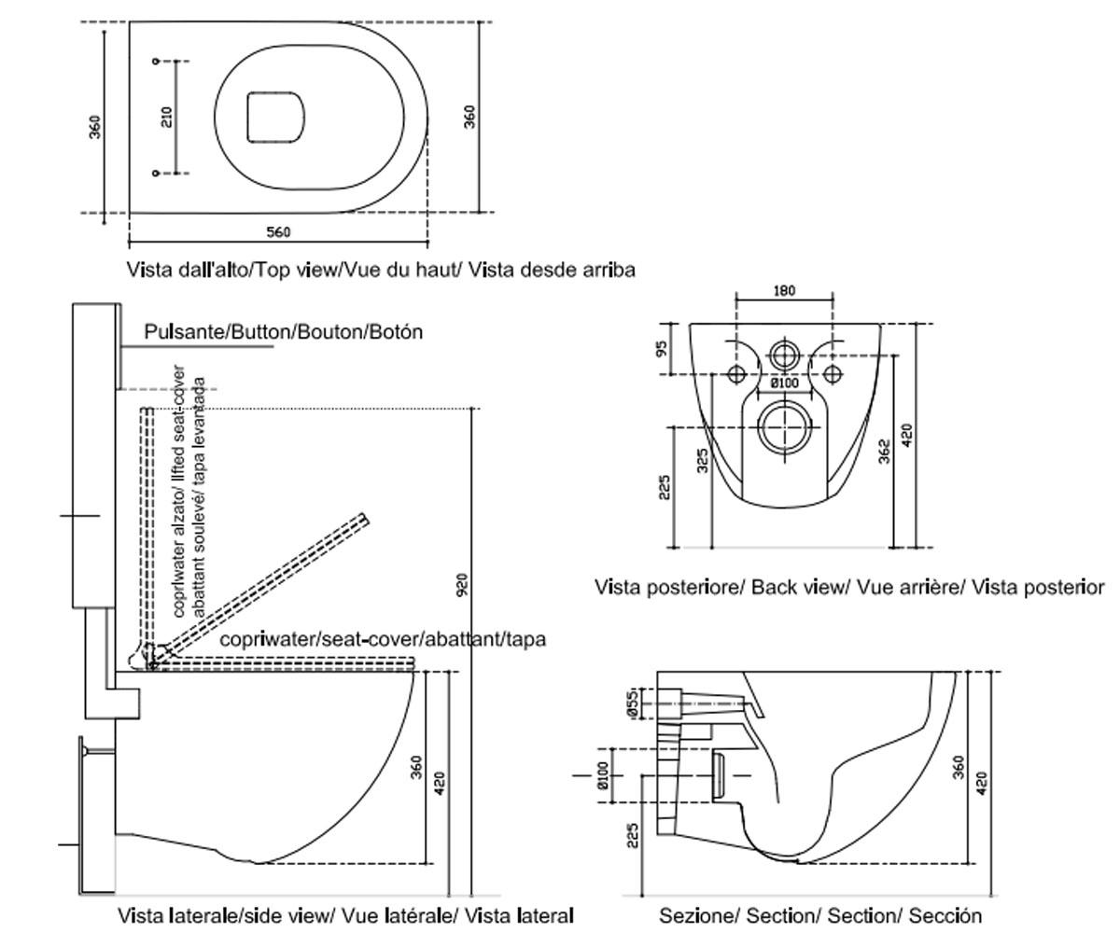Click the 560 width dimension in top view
pos(278,231)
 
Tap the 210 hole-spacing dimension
pos(167,117)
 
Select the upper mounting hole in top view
pos(156,62)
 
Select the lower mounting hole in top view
pos(156,174)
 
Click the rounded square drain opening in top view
pos(275,118)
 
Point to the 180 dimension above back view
pos(784,290)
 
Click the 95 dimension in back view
pos(662,349)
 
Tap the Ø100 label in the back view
pos(785,383)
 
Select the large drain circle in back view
pos(784,427)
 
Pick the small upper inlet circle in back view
pos(784,355)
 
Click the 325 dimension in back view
pos(702,460)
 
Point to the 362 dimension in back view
pos(885,451)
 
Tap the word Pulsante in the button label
pos(184,332)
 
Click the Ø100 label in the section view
pos(603,775)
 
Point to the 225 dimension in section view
pos(633,835)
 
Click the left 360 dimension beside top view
pos(94,127)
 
